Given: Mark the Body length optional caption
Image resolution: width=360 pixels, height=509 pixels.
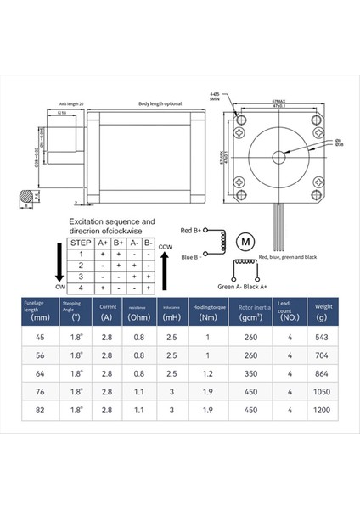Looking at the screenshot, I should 160,104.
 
